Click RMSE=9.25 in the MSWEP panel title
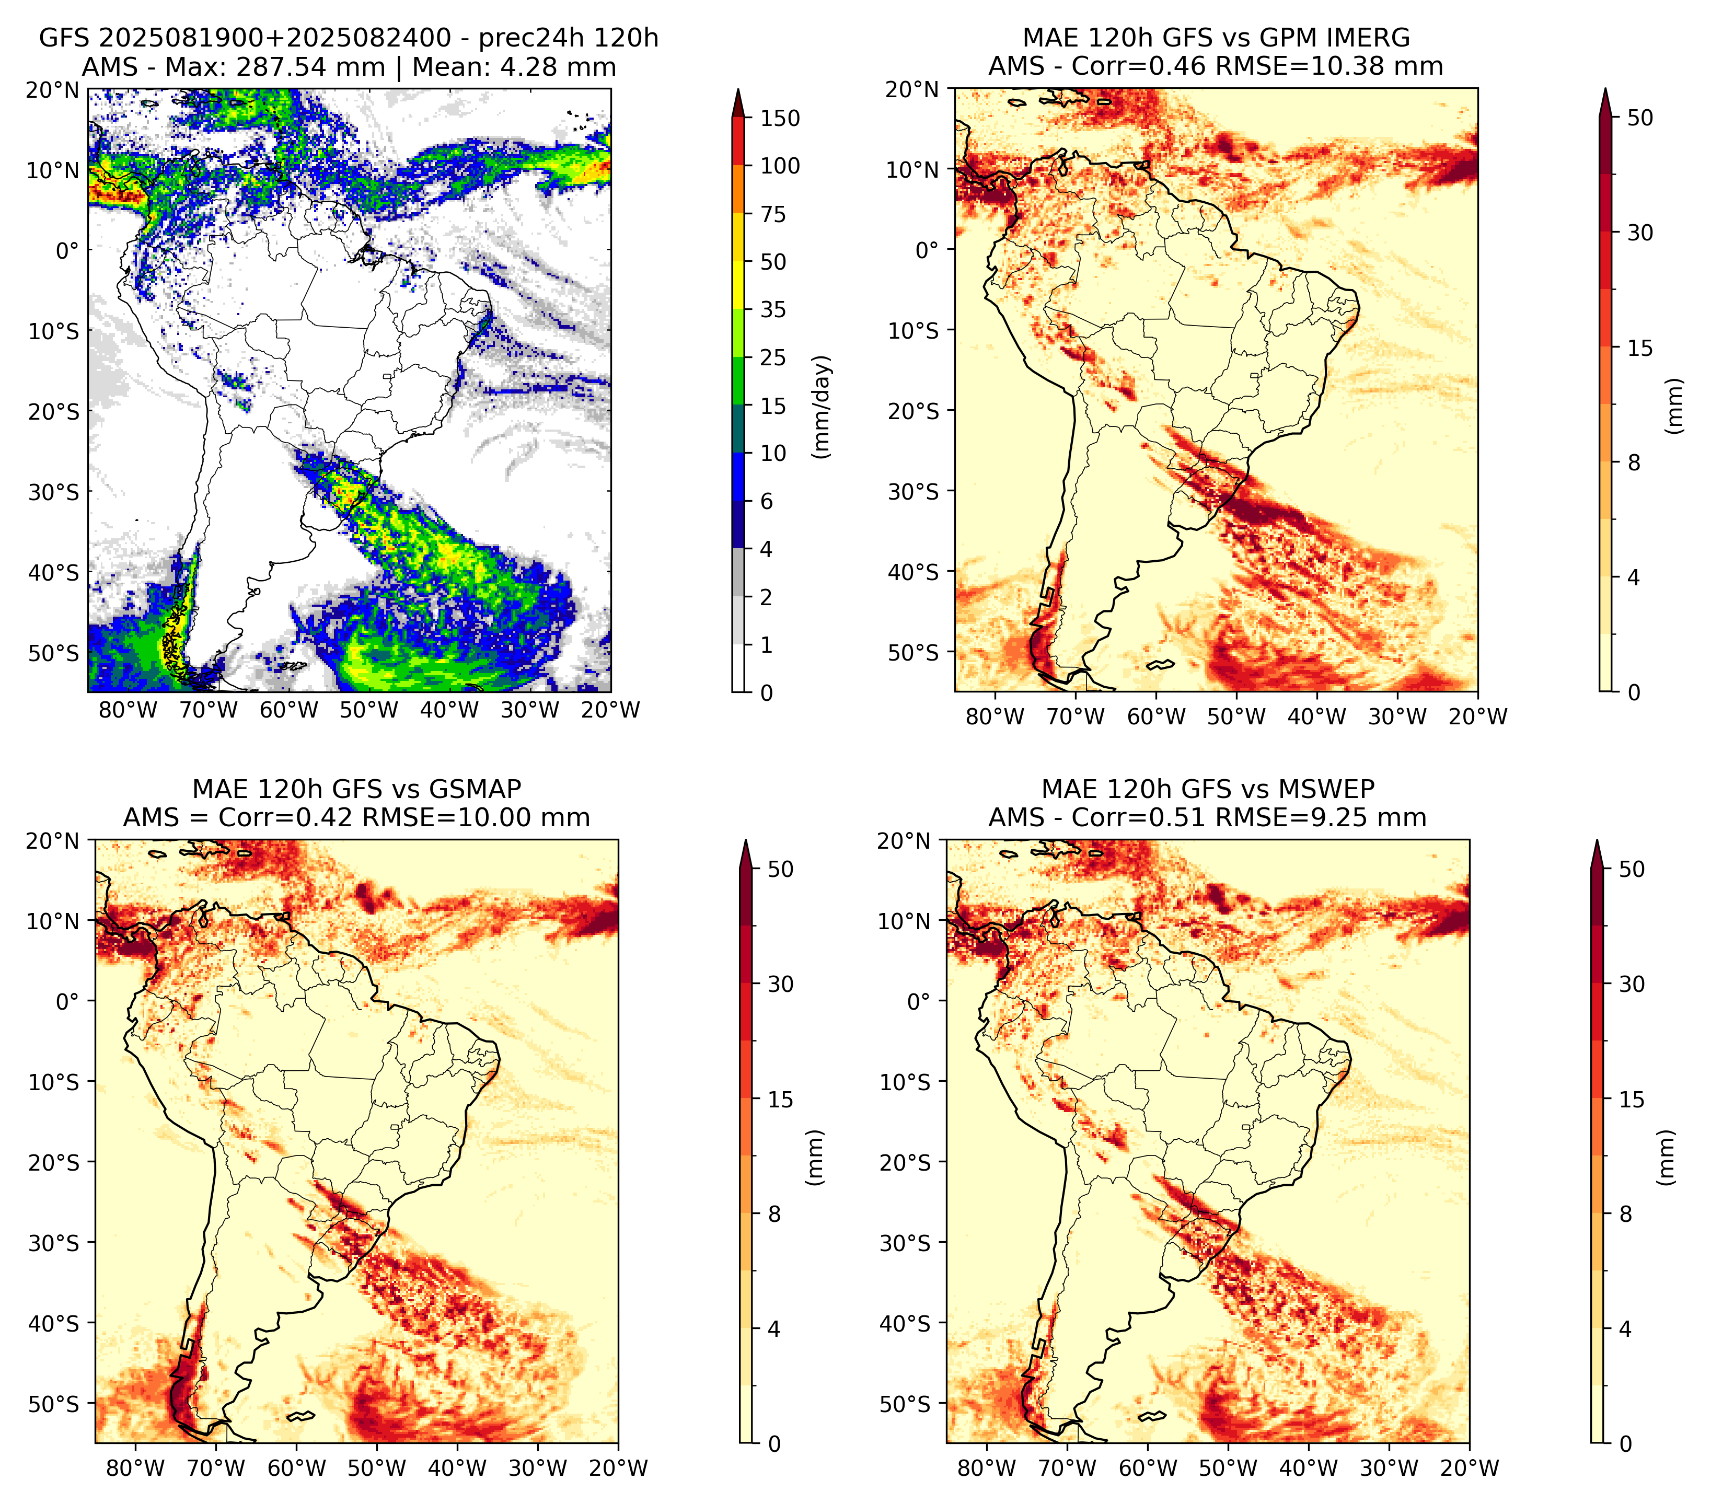[x=1321, y=818]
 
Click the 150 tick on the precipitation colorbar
[x=779, y=118]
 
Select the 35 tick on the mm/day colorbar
[x=772, y=309]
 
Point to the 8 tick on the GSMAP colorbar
[x=774, y=1215]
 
